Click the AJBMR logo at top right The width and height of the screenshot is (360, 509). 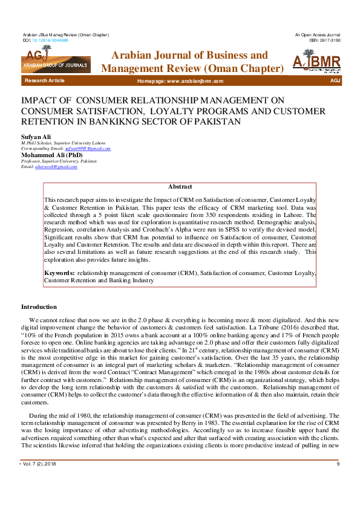click(316, 62)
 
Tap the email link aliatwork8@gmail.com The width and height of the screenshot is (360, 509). click(56, 166)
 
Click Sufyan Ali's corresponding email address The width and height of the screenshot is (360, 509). click(87, 149)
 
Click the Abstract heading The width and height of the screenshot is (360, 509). click(180, 187)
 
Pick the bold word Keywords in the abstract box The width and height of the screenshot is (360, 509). click(59, 273)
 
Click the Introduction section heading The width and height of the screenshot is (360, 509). click(39, 307)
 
